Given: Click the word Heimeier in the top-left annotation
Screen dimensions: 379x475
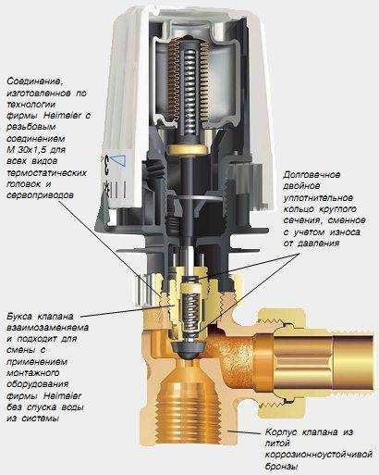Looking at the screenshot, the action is (x=63, y=116).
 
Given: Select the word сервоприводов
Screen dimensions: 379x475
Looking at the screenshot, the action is (x=40, y=195).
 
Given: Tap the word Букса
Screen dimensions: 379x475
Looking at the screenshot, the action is (x=19, y=317).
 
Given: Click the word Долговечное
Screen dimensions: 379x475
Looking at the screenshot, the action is (x=312, y=175).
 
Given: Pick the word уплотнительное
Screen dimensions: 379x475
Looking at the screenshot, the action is (x=318, y=197).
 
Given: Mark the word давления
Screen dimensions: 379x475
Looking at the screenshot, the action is (x=318, y=244).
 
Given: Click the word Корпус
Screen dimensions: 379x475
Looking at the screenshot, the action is (x=281, y=432).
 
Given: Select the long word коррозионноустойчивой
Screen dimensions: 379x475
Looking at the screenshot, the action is (x=319, y=455).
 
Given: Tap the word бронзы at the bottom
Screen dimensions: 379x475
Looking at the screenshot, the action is (x=281, y=467).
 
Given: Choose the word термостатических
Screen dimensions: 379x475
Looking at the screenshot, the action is (x=46, y=172).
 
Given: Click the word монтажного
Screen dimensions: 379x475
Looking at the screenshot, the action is (x=33, y=373).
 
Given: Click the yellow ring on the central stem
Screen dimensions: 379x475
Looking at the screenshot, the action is (x=188, y=150).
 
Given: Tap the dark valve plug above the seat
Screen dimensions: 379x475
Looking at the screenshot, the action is (x=188, y=349).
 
